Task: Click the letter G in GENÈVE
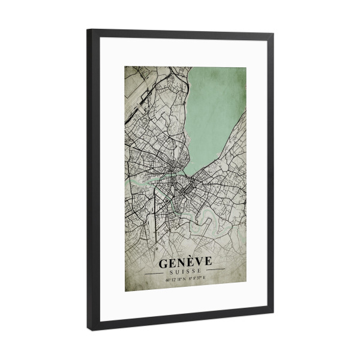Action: tap(163, 263)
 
